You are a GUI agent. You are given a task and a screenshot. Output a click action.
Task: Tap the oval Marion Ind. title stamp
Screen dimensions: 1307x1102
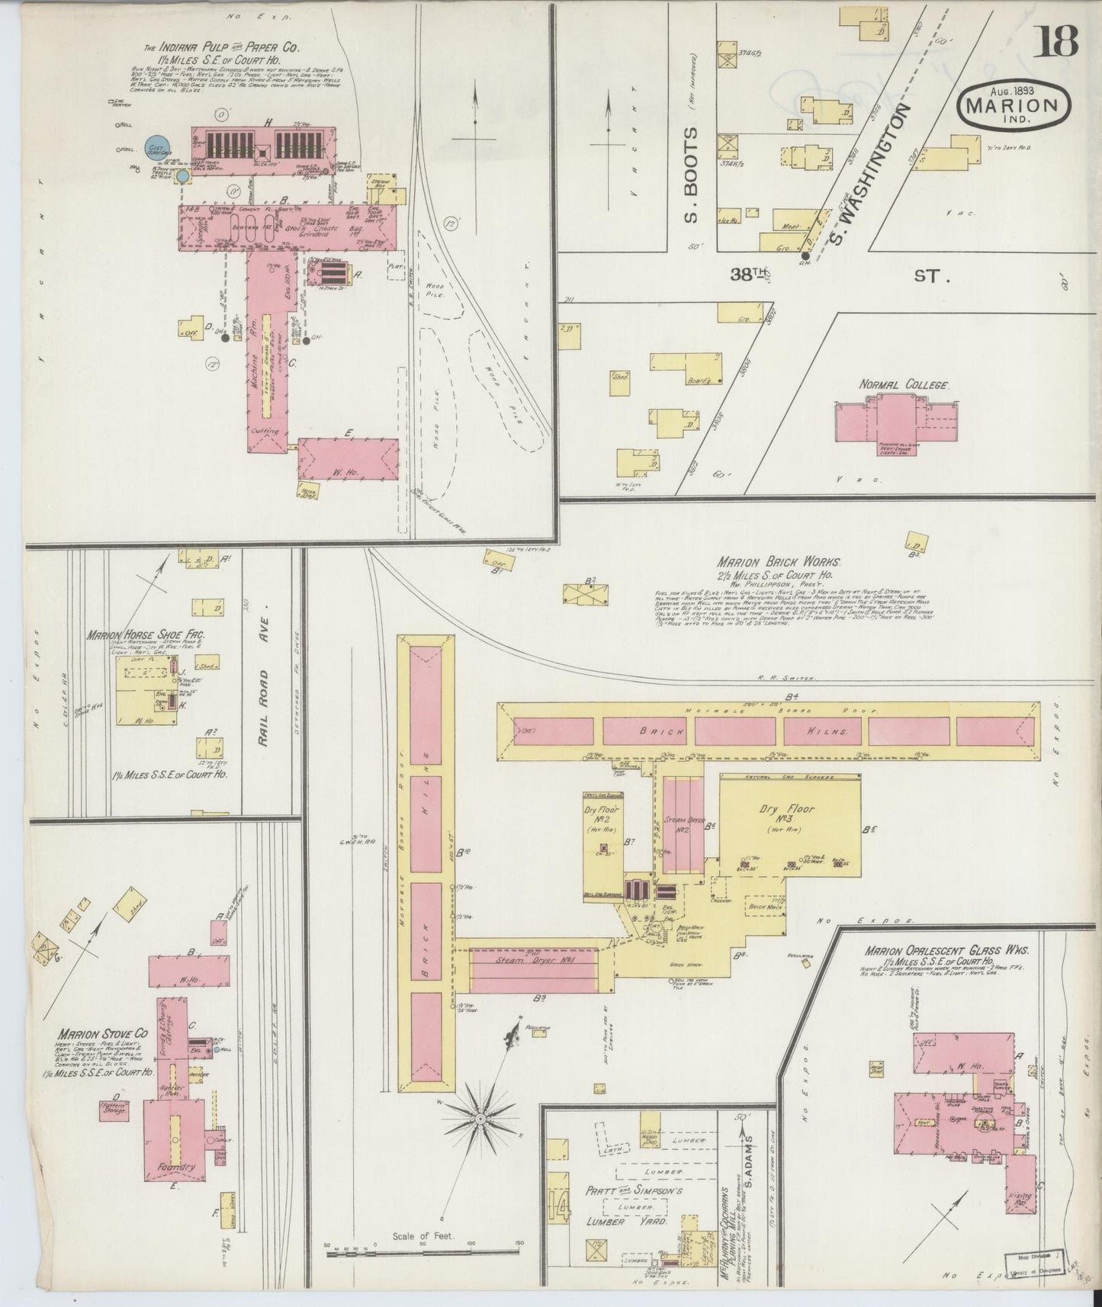1013,108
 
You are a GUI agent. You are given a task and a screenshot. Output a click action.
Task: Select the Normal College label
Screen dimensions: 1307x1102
904,386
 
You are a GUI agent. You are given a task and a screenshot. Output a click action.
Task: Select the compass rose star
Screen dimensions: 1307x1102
480,1118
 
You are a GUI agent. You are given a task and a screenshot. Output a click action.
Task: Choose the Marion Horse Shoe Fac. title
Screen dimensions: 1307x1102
145,634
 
